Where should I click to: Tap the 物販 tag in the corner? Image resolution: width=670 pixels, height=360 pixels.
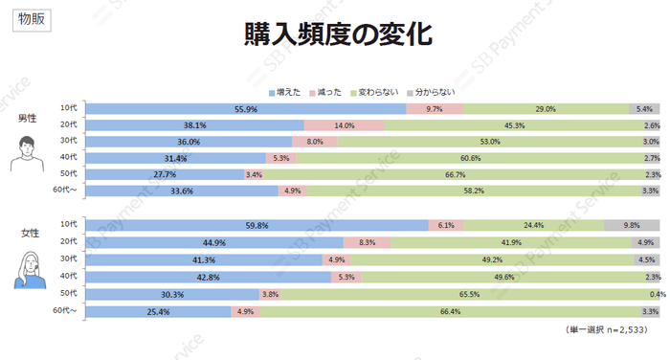click(x=31, y=19)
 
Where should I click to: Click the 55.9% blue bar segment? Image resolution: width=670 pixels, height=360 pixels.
click(x=246, y=109)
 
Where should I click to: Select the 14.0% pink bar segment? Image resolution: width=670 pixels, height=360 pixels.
click(x=345, y=125)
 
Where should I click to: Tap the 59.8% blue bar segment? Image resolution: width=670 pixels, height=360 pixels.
click(x=257, y=225)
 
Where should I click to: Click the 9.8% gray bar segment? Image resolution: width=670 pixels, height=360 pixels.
click(x=632, y=225)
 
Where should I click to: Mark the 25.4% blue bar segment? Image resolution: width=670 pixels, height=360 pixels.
click(x=159, y=311)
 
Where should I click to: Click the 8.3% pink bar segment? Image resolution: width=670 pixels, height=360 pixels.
click(x=367, y=242)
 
